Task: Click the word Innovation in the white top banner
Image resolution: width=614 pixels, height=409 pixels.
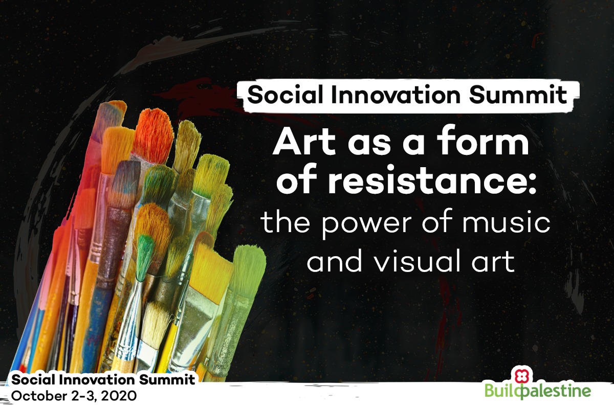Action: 396,95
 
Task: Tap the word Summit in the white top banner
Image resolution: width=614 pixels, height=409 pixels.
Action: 518,95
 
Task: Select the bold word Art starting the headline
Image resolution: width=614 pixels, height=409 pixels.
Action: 304,142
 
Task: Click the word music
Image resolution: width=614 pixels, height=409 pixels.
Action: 506,221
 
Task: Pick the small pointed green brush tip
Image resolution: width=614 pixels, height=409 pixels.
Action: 144,258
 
